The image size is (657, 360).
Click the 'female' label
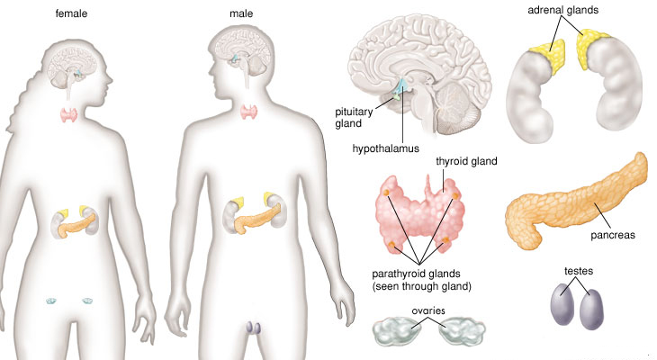coord(71,13)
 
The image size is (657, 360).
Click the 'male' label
coord(241,13)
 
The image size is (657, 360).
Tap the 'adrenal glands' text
coord(562,10)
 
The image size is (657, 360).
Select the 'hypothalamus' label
coord(385,148)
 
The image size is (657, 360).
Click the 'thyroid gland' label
coord(466,161)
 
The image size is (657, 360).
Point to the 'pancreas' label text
coord(613,235)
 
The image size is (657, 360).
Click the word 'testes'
coord(579,271)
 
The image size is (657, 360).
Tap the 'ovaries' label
coord(427,310)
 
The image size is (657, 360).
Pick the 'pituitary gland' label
coord(347,118)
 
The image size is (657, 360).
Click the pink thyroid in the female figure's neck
coord(69,115)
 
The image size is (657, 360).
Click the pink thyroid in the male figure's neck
coord(248,112)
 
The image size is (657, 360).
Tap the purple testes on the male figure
coord(253,328)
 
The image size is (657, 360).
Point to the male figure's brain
coord(244,52)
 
